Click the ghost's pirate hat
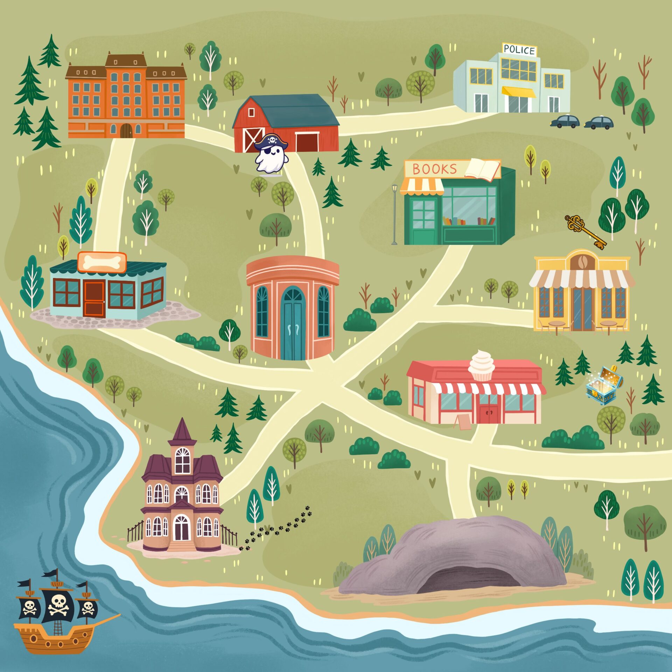[271, 141]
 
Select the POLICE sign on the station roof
[519, 50]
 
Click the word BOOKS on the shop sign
[435, 169]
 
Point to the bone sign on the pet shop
[101, 262]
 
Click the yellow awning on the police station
[518, 92]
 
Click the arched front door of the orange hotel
[126, 131]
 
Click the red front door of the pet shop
[94, 299]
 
